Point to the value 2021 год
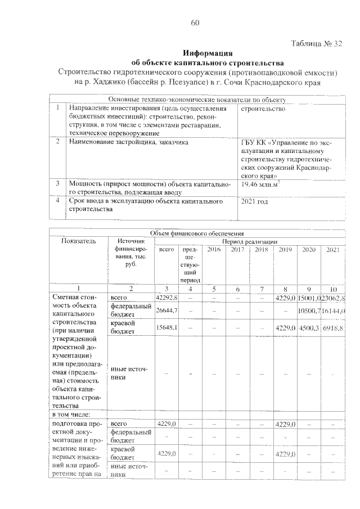[254, 201]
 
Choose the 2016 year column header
[214, 249]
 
